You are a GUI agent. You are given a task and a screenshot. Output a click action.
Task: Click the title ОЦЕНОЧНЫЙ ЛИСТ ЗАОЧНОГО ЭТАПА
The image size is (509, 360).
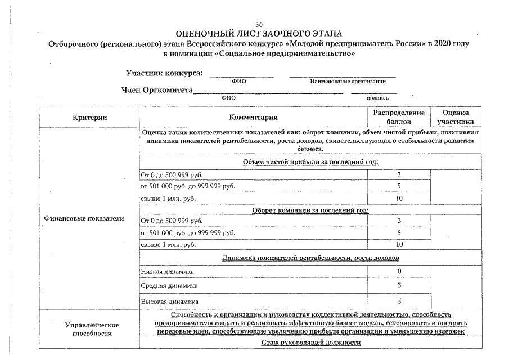(259, 34)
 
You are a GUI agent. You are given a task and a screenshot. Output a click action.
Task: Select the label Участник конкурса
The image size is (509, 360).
(165, 73)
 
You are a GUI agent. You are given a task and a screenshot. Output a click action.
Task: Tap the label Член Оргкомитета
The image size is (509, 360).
(157, 90)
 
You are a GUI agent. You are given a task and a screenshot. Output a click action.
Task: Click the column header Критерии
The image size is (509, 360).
(89, 118)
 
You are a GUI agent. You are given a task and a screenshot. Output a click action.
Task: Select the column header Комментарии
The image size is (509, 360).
(253, 118)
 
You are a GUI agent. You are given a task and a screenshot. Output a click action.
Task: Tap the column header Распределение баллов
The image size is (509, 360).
(398, 117)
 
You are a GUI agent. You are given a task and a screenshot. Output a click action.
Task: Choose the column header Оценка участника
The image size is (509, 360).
(455, 117)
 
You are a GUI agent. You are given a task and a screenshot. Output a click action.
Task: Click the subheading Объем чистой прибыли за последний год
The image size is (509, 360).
(310, 162)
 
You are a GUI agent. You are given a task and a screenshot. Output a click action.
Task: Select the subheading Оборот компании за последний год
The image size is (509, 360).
(310, 210)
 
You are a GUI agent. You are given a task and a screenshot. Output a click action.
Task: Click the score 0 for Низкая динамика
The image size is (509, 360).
(399, 272)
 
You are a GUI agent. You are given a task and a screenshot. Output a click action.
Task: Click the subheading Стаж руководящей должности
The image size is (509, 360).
(310, 342)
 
